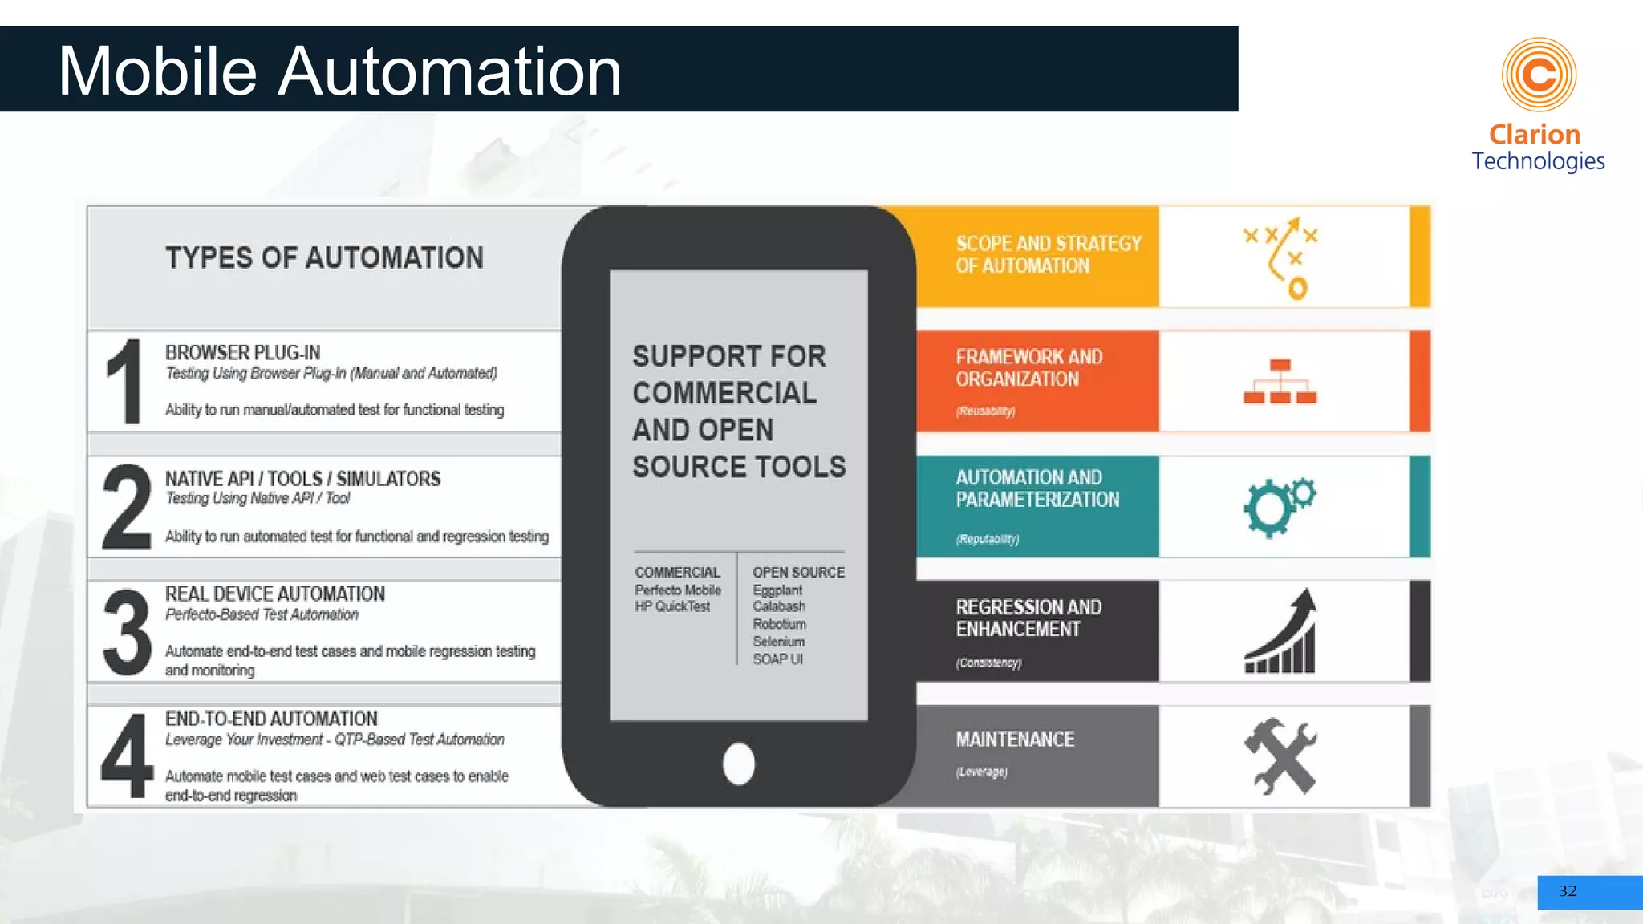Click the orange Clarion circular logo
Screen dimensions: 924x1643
[1539, 75]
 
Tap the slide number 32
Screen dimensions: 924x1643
[1567, 891]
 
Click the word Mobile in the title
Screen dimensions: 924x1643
[157, 71]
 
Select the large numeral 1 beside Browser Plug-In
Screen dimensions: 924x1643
[124, 381]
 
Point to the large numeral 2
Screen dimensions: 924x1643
[127, 507]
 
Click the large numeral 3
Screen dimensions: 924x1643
[127, 632]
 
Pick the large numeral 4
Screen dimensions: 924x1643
[127, 757]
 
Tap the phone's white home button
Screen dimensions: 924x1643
[738, 763]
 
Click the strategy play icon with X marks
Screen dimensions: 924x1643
[1281, 257]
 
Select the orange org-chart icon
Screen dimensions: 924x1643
[1280, 382]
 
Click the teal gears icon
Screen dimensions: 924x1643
[1280, 507]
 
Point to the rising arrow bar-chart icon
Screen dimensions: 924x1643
[1281, 632]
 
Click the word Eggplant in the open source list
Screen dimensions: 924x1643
[777, 590]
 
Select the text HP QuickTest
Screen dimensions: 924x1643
[672, 606]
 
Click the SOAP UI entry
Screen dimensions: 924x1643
[777, 659]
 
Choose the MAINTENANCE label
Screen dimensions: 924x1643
[1015, 740]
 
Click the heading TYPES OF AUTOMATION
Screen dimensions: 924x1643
[324, 258]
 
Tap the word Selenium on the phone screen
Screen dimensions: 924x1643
[778, 641]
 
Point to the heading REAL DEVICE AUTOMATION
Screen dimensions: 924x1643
[275, 594]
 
